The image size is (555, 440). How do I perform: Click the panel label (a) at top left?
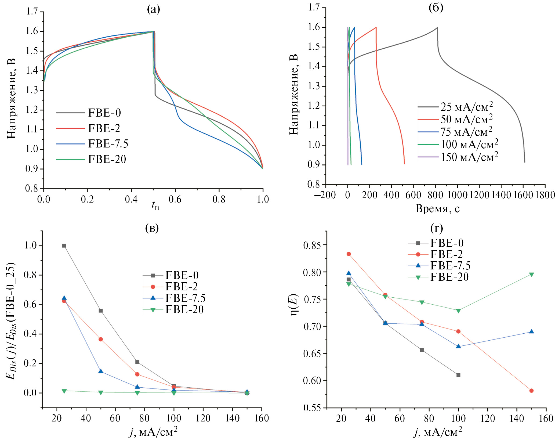coord(153,9)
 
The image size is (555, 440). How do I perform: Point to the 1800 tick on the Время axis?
coord(545,195)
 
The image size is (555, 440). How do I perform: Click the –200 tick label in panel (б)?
coord(325,195)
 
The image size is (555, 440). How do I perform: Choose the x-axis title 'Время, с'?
coord(438,208)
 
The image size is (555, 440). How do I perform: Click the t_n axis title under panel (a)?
coord(155,205)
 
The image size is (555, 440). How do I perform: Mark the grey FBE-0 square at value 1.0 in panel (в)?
coord(64,246)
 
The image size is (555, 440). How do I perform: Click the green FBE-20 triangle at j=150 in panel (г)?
coord(531,275)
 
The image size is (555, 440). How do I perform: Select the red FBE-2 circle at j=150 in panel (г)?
coord(531,391)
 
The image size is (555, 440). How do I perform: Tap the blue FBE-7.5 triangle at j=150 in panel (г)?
coord(531,331)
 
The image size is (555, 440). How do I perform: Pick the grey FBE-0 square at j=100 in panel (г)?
coord(458,375)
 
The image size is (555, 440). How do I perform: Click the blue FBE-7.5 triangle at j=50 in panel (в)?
coord(101,371)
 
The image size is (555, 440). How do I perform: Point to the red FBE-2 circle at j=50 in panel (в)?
coord(101,339)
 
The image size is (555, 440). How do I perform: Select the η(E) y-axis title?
coord(295,305)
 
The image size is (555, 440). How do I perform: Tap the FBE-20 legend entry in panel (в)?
coord(184,310)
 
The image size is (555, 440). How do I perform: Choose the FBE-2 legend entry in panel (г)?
coord(447,254)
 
